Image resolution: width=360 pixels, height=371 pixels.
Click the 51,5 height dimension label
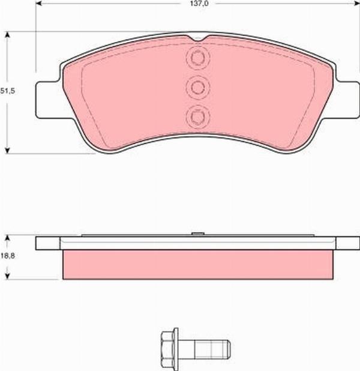pos(7,91)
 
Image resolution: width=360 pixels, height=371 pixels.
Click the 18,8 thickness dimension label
pos(7,258)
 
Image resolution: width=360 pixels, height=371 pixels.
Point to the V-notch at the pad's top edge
pos(198,40)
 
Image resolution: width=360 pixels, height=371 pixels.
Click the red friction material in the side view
pos(198,264)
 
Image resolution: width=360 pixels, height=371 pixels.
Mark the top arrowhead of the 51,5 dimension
pos(7,35)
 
